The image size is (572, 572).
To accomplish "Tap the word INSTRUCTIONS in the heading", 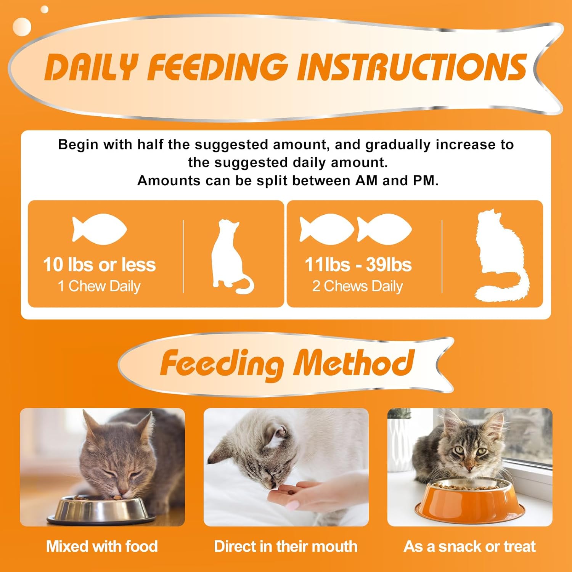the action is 412,67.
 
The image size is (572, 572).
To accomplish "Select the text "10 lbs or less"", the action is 99,265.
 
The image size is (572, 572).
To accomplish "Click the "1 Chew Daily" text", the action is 99,286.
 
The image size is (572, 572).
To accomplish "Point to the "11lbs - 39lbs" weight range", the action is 358,265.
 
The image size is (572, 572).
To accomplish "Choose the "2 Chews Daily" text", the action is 358,286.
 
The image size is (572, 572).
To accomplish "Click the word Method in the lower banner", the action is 353,363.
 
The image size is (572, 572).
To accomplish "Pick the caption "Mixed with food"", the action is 102,546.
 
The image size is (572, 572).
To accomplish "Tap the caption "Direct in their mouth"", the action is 286,546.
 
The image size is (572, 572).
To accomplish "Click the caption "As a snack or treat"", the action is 470,546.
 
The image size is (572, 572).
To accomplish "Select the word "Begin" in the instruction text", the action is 78,145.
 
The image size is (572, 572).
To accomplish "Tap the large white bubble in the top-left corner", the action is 22,27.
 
